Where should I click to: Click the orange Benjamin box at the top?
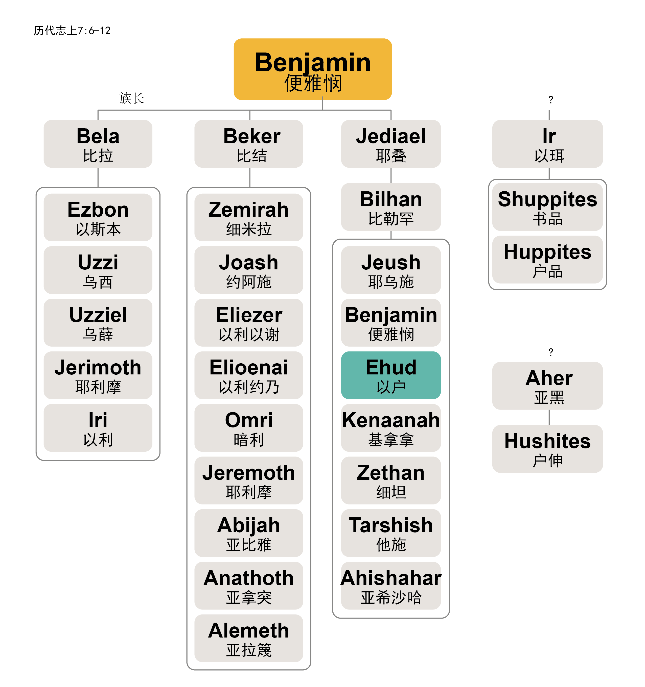(x=312, y=69)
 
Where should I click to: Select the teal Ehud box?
(x=390, y=375)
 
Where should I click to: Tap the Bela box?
(x=98, y=144)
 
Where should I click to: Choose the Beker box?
(x=249, y=144)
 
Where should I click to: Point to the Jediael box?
(x=390, y=144)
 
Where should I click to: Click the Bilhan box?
(x=390, y=207)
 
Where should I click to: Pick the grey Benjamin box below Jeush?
(x=390, y=322)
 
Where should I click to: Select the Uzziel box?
(x=98, y=322)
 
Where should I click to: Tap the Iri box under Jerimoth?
(x=98, y=428)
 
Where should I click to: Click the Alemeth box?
(x=249, y=638)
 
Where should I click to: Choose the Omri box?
(x=249, y=428)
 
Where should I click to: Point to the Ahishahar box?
(x=390, y=586)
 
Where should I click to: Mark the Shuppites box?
(x=547, y=207)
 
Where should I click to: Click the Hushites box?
(x=547, y=449)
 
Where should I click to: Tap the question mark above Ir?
(x=550, y=100)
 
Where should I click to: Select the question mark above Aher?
(x=550, y=352)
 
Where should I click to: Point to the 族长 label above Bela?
(x=131, y=98)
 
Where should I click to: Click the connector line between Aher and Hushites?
(x=549, y=417)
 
